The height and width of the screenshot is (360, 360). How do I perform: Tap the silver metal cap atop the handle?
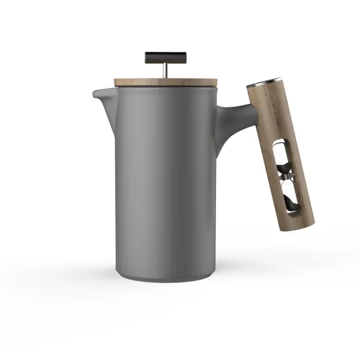[x=260, y=85]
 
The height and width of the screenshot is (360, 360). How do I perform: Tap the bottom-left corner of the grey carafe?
[x=120, y=275]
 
